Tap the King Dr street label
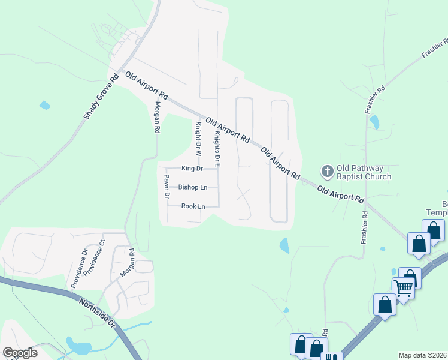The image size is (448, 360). pos(192,169)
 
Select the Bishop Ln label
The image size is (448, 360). pos(192,187)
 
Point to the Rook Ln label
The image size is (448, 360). pos(193,206)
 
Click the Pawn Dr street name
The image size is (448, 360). pos(167,186)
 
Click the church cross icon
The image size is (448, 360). pos(327,172)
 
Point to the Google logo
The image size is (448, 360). pos(20,353)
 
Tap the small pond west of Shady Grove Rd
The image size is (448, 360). pos(44,106)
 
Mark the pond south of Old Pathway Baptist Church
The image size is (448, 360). pos(284,245)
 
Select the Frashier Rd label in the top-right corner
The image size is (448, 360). pos(435,47)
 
